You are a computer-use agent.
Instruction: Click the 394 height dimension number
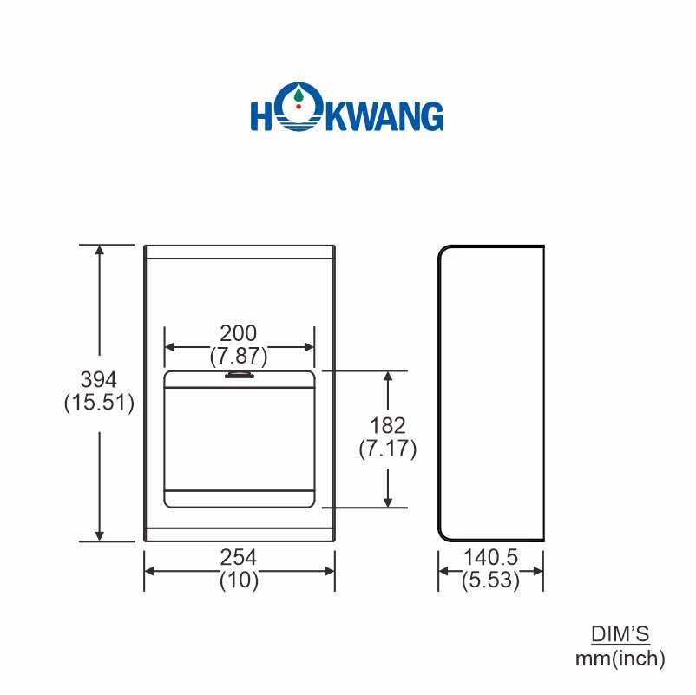[99, 380]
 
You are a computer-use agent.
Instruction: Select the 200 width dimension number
[239, 333]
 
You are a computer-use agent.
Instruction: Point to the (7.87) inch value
[239, 355]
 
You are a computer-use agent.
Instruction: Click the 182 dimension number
[388, 426]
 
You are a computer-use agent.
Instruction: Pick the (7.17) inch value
[388, 449]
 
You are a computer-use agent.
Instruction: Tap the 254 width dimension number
[239, 556]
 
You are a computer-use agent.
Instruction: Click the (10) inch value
[239, 580]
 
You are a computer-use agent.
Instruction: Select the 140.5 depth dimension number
[491, 556]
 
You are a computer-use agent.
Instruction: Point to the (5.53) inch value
[491, 580]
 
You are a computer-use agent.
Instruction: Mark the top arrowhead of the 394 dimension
[101, 251]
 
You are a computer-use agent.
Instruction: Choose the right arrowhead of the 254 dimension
[330, 570]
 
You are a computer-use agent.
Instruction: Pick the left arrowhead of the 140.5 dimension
[443, 570]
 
